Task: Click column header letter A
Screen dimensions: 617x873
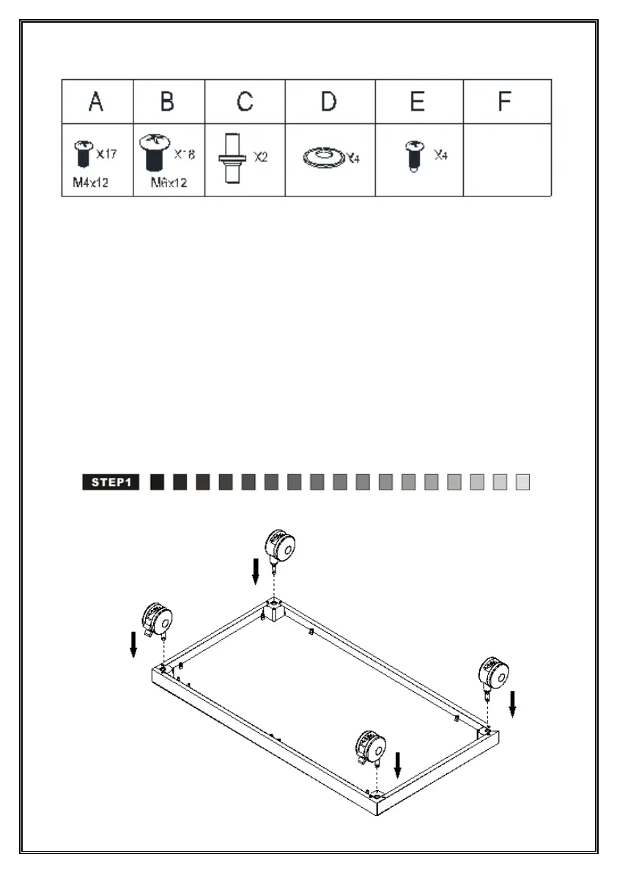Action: pyautogui.click(x=95, y=102)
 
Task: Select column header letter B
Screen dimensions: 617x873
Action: pyautogui.click(x=167, y=102)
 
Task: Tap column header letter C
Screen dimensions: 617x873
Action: pyautogui.click(x=245, y=102)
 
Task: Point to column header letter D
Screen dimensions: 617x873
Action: pyautogui.click(x=329, y=102)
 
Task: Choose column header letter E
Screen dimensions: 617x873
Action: pyautogui.click(x=417, y=102)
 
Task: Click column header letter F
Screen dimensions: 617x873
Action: pyautogui.click(x=504, y=102)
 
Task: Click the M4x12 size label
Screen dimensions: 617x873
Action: pyautogui.click(x=90, y=183)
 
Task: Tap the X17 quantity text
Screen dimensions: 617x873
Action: pyautogui.click(x=107, y=155)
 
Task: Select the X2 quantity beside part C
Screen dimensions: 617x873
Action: pyautogui.click(x=261, y=157)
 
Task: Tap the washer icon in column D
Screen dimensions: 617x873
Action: pyautogui.click(x=323, y=157)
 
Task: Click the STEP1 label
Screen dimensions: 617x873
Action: pyautogui.click(x=111, y=482)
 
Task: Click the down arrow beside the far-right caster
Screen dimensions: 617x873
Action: pyautogui.click(x=513, y=703)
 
